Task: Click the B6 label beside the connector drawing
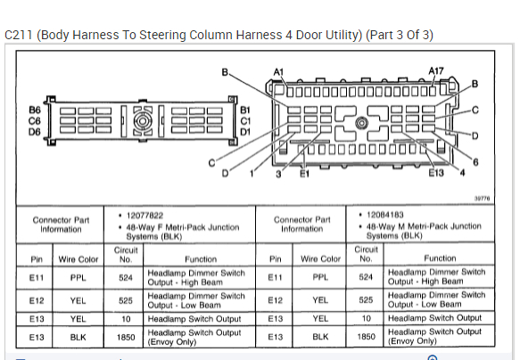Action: [x=35, y=110]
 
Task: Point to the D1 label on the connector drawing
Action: [x=245, y=132]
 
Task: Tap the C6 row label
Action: [x=35, y=121]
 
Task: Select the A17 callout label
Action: [x=436, y=71]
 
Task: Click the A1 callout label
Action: [x=278, y=72]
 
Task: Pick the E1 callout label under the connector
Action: [x=304, y=173]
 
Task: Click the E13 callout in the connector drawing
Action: [x=436, y=173]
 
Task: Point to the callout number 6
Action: [x=475, y=162]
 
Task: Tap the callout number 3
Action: [x=278, y=174]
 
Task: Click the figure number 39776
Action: [x=482, y=199]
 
